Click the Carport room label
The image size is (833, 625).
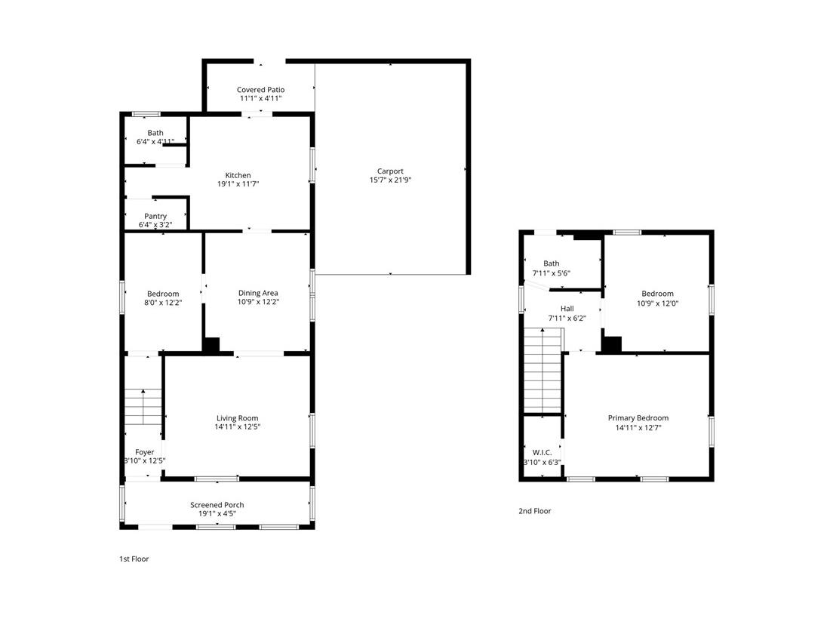pyautogui.click(x=390, y=171)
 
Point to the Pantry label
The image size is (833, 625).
pyautogui.click(x=155, y=216)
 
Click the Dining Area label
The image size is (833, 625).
pyautogui.click(x=258, y=293)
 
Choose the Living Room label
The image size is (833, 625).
pyautogui.click(x=238, y=418)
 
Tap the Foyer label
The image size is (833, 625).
pyautogui.click(x=144, y=452)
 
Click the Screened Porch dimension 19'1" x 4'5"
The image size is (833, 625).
pyautogui.click(x=217, y=514)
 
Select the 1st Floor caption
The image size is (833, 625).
pyautogui.click(x=135, y=559)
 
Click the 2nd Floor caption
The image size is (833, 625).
pyautogui.click(x=534, y=511)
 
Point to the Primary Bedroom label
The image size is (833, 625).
pyautogui.click(x=638, y=418)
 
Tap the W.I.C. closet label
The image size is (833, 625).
pyautogui.click(x=542, y=452)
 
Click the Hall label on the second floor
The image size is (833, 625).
pyautogui.click(x=567, y=309)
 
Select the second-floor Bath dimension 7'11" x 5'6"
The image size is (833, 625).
pyautogui.click(x=552, y=273)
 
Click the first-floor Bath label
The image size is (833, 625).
pyautogui.click(x=155, y=133)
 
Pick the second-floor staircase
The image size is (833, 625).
pyautogui.click(x=543, y=370)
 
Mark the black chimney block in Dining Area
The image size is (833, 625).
pyautogui.click(x=211, y=344)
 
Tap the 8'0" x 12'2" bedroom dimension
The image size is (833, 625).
pyautogui.click(x=163, y=303)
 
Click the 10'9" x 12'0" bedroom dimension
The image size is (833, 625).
pyautogui.click(x=657, y=303)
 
